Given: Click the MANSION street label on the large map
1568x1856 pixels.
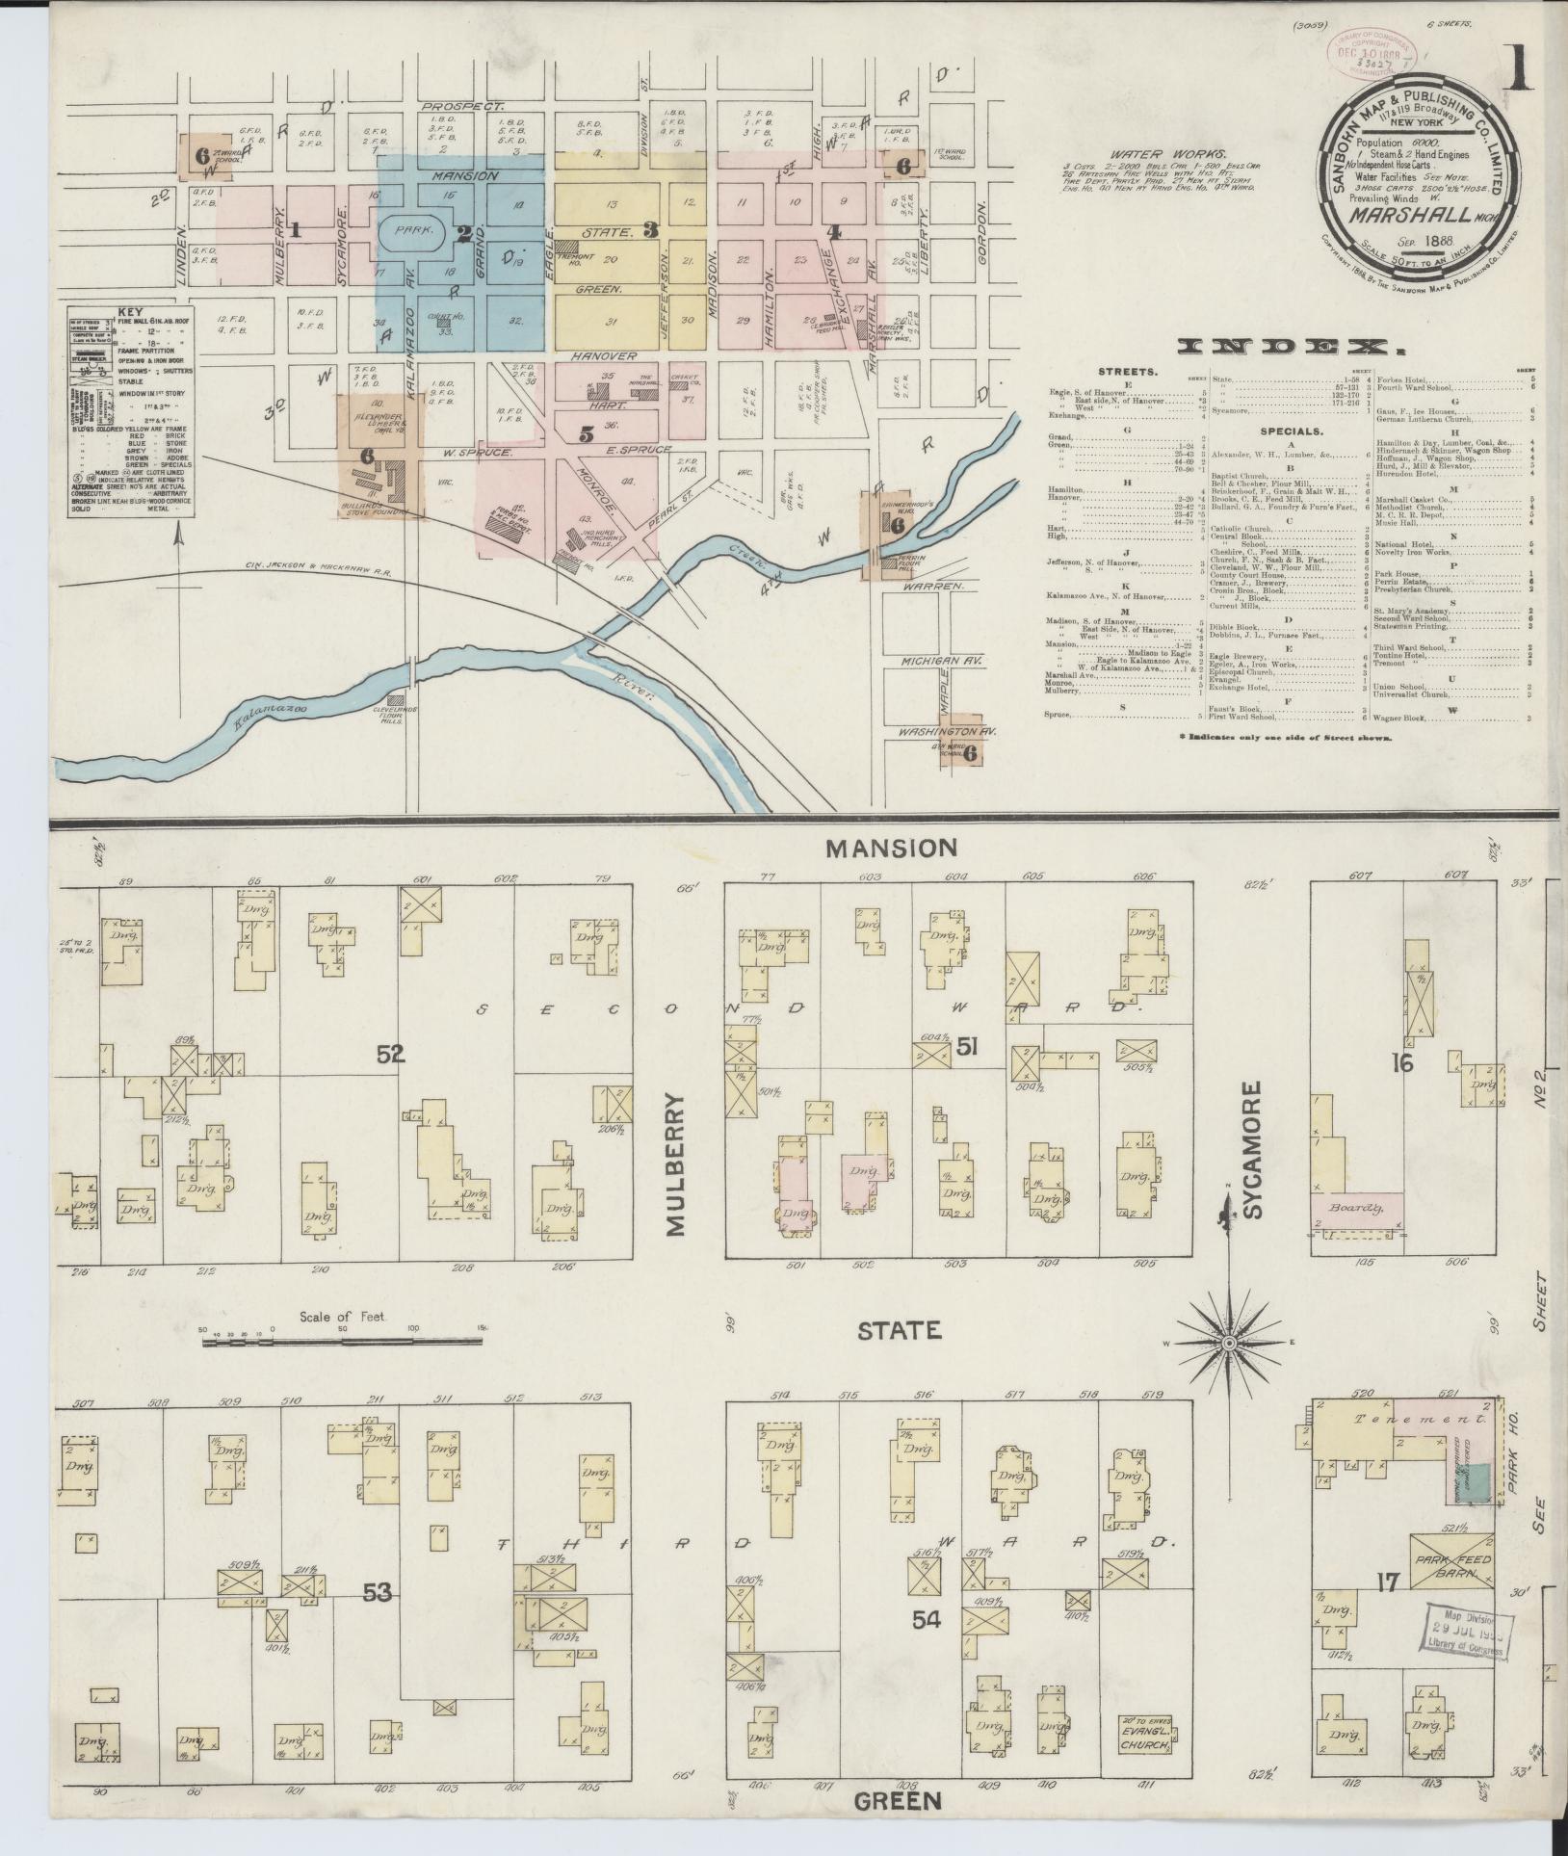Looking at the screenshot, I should [x=891, y=848].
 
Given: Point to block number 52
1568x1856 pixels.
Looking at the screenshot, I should [x=390, y=1055].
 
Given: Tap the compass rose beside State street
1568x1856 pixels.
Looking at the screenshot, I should [x=1230, y=1342].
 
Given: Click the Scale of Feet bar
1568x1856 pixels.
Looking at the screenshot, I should [x=342, y=1339].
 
